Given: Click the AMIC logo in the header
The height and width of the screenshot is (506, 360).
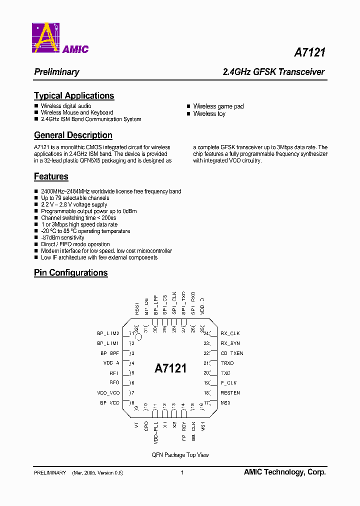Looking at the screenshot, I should [x=60, y=38].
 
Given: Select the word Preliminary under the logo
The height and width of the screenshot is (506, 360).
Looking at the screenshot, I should [x=56, y=72].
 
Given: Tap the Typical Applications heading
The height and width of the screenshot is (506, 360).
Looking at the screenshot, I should [x=74, y=95].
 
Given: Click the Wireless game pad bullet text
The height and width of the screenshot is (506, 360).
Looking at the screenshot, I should [x=218, y=106].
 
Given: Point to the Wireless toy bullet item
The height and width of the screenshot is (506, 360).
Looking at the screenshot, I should [x=209, y=113].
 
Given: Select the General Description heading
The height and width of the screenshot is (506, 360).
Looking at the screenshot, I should [x=73, y=135].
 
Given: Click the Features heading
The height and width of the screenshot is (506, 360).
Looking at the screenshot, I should [x=51, y=176].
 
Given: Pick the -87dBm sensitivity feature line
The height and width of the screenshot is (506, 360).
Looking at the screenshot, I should [x=62, y=238].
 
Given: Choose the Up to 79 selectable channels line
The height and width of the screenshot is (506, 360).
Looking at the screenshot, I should [x=75, y=198].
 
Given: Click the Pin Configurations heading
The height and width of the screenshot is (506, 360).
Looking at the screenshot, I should [x=71, y=272].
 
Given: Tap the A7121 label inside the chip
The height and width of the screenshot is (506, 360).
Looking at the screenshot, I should [x=170, y=368].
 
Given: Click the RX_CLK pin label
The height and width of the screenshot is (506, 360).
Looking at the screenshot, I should [x=230, y=333].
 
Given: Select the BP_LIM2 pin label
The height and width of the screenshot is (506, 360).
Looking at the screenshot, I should [x=108, y=333].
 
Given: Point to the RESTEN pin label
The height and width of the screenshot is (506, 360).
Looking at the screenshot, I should [x=230, y=393].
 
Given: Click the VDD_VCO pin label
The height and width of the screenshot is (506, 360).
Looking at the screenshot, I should [x=108, y=393].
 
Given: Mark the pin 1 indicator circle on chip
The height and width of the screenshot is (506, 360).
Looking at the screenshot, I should [x=140, y=337].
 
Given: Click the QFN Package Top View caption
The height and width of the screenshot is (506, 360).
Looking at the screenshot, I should [x=180, y=455].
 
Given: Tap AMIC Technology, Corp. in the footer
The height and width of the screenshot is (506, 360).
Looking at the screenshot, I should [x=284, y=472].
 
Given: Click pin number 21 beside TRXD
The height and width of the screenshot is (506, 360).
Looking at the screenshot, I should [x=206, y=363].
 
